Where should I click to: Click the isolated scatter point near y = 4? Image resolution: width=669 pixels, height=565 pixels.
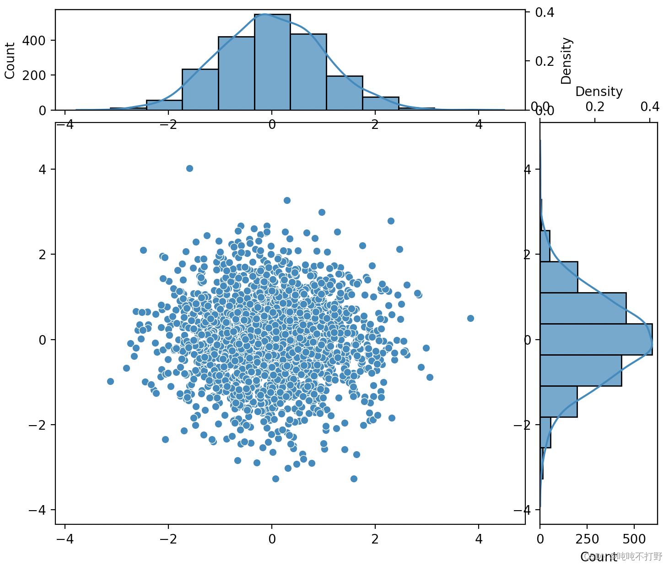[189, 169]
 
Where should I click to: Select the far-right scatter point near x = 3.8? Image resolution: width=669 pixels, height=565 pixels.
[470, 318]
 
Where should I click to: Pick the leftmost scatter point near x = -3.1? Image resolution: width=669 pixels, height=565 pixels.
[110, 381]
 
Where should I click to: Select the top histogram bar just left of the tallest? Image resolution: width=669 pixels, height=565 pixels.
[236, 73]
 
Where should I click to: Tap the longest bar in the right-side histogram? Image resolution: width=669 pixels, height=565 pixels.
[596, 339]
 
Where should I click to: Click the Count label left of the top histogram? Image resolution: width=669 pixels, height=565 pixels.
[10, 61]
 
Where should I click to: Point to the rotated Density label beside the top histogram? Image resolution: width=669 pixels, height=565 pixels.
[566, 61]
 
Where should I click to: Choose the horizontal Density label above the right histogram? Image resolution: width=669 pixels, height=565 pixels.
[599, 92]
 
